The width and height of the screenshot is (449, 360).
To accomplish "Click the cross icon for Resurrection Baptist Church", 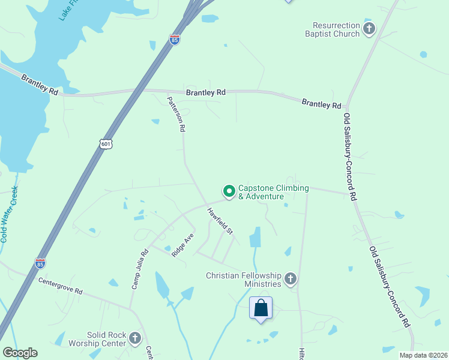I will coord(369,28).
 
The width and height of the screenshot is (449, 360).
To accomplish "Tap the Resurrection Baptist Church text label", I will coord(336,30).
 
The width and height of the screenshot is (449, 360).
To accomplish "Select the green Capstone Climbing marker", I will coord(229,191).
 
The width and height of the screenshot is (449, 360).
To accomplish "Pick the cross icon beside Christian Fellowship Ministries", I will coord(291,278).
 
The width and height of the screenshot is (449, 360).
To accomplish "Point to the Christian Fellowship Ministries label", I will coord(243,280).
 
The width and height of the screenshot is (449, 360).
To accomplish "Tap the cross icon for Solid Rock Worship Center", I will coord(135,338).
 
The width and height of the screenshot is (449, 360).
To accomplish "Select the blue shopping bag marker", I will coord(261,308).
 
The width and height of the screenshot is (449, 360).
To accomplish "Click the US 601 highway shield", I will coord(106,144).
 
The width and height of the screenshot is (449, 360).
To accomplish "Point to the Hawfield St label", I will coord(220,220).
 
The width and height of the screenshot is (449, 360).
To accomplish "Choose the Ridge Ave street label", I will coord(182,245).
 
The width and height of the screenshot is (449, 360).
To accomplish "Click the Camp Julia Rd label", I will coord(139,269).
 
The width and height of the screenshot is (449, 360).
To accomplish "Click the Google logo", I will coord(20,353).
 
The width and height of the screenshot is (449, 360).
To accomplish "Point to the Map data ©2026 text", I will coord(423,355).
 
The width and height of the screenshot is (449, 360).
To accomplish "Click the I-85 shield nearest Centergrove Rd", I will coord(40,263).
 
